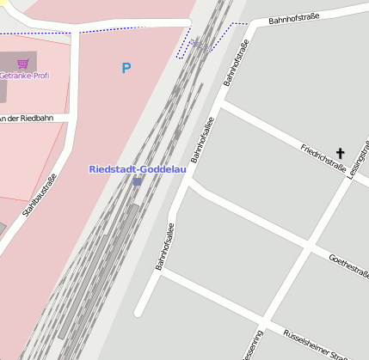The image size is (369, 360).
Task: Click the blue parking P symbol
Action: (x=126, y=68)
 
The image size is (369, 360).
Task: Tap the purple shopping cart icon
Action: (x=22, y=64)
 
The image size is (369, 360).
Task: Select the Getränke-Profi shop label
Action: (x=24, y=76)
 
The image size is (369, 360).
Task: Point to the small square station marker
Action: (x=138, y=181)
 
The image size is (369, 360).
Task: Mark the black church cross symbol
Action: (x=340, y=154)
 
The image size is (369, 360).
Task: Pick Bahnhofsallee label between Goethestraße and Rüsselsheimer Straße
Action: (x=165, y=247)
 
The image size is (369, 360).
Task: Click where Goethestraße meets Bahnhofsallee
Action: (x=190, y=183)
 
